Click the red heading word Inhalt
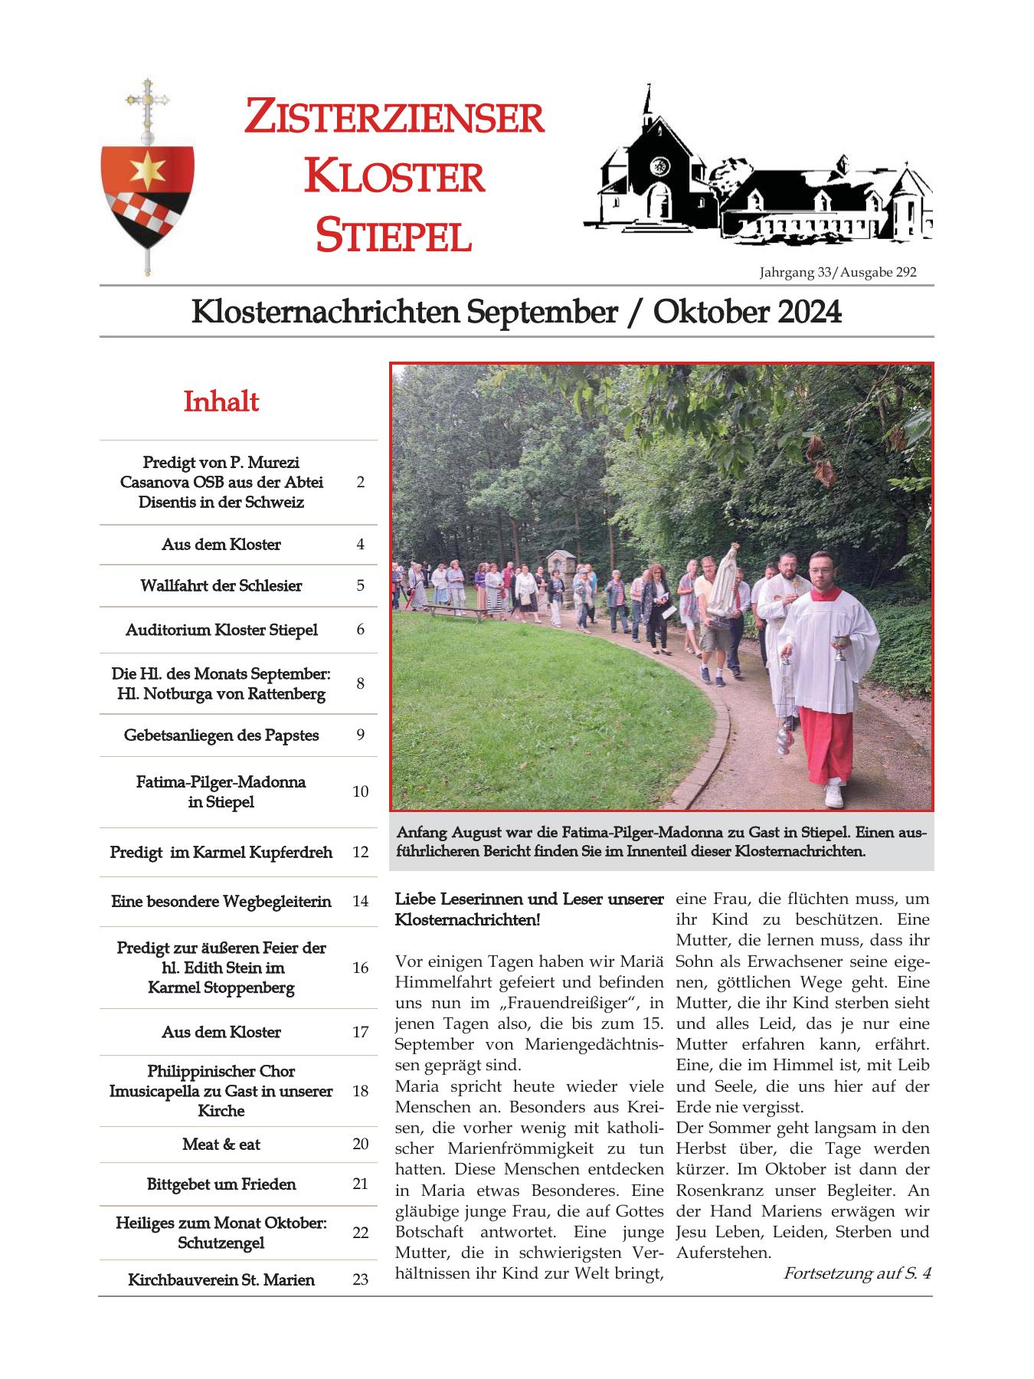tap(221, 401)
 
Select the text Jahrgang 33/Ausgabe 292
tap(838, 272)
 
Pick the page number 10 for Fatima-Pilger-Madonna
tap(360, 791)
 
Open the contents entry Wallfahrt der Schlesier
tap(221, 586)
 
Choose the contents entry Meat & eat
tap(221, 1145)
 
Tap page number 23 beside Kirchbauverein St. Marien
tap(360, 1279)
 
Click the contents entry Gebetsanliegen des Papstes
tap(221, 735)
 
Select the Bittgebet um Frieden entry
tap(221, 1184)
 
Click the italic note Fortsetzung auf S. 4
tap(857, 1273)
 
